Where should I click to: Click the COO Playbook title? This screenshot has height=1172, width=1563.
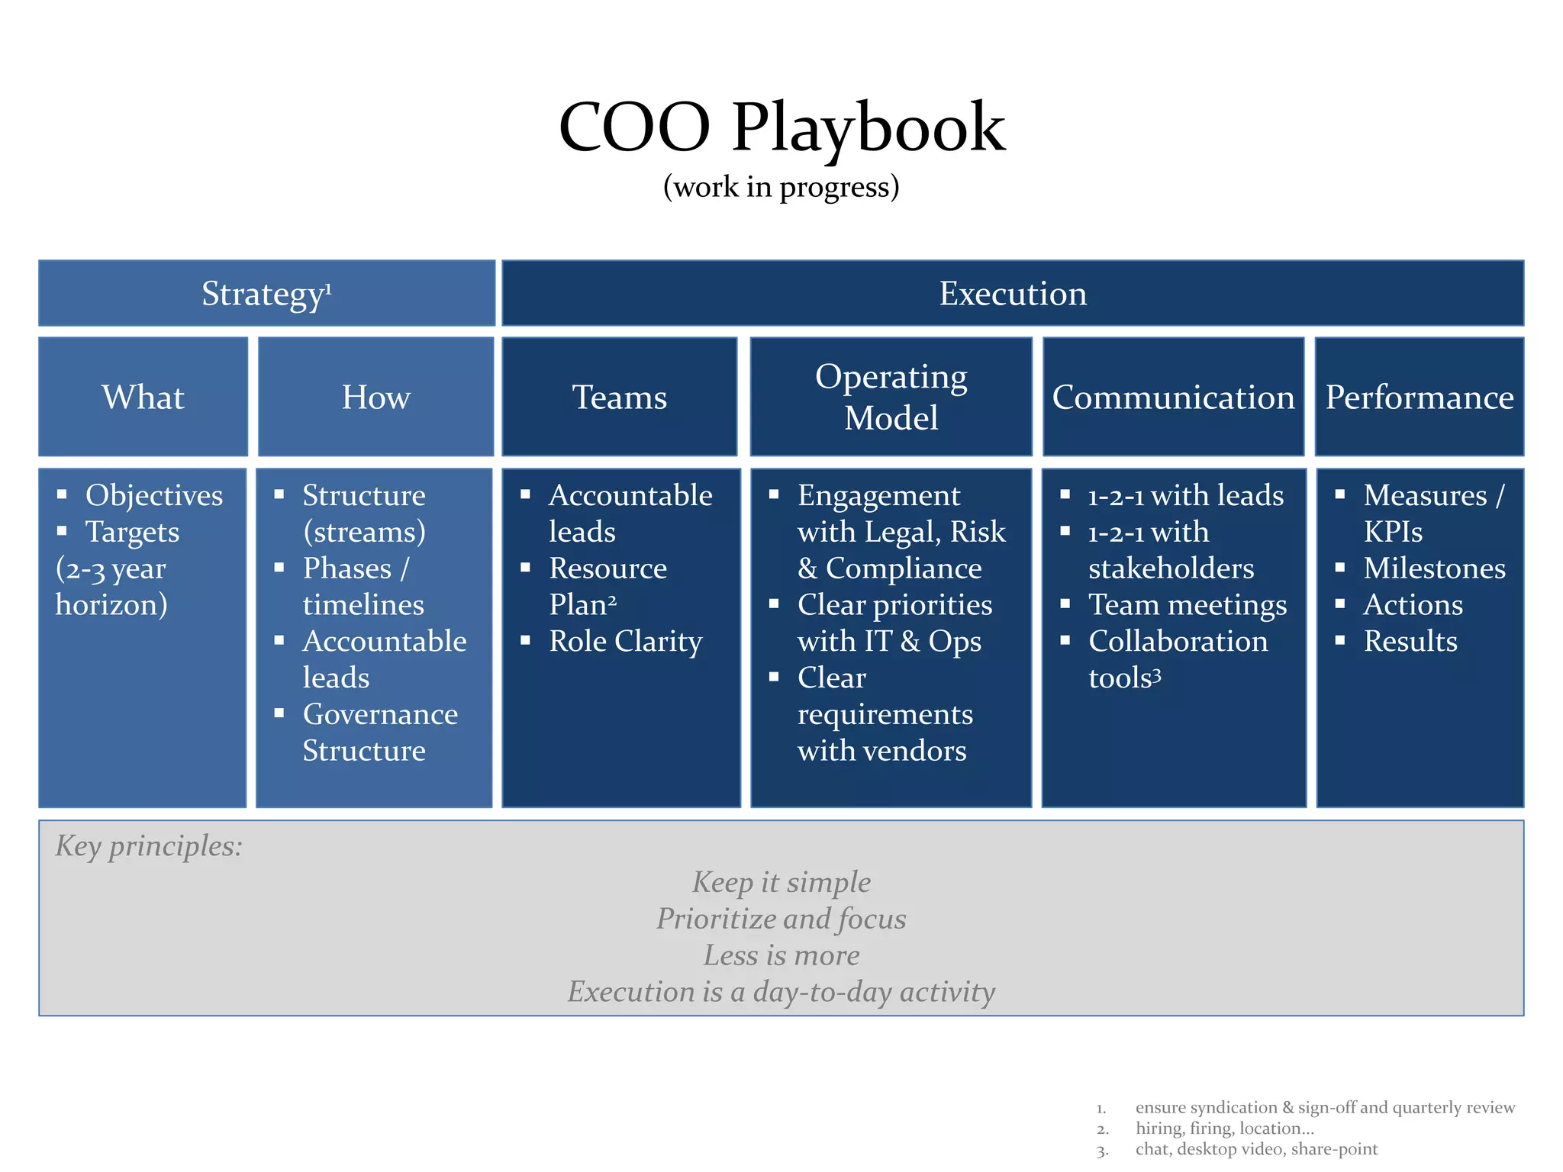tap(781, 128)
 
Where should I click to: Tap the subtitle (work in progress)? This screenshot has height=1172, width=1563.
tap(781, 187)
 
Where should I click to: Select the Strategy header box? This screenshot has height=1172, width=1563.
tap(266, 294)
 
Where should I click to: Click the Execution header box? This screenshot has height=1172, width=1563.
tap(1012, 294)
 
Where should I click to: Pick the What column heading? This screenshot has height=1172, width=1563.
tap(143, 397)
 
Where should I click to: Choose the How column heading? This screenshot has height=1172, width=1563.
tap(375, 397)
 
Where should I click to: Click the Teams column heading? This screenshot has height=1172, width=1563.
tap(620, 397)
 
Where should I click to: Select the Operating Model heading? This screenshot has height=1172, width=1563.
tap(891, 397)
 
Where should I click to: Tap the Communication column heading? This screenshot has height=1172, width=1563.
tap(1173, 397)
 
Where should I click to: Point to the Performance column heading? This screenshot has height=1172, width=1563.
tap(1420, 397)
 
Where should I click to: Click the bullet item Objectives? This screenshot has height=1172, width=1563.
tap(154, 495)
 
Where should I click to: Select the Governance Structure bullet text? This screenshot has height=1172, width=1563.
tap(379, 732)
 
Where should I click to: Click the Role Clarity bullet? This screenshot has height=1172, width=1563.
tap(625, 641)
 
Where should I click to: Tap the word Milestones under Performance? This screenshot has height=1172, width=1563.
tap(1434, 568)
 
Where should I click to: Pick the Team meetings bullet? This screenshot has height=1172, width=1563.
tap(1187, 604)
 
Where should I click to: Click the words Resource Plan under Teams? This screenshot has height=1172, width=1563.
tap(607, 586)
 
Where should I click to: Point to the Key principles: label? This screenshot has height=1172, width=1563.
tap(149, 845)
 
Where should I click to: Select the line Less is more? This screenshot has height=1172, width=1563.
tap(781, 955)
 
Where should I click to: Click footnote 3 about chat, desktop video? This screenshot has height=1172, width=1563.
tap(1256, 1149)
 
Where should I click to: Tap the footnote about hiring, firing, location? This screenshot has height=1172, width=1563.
tap(1224, 1129)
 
